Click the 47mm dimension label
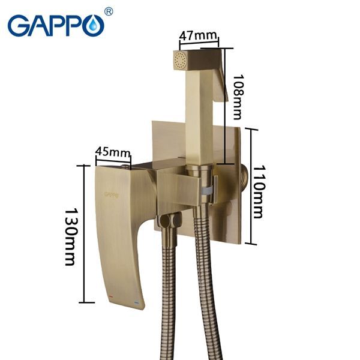coord(199,35)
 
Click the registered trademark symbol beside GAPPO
coord(109,11)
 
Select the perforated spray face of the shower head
coord(178,60)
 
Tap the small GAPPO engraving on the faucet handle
coord(110,194)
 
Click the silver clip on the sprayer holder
coord(206,191)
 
